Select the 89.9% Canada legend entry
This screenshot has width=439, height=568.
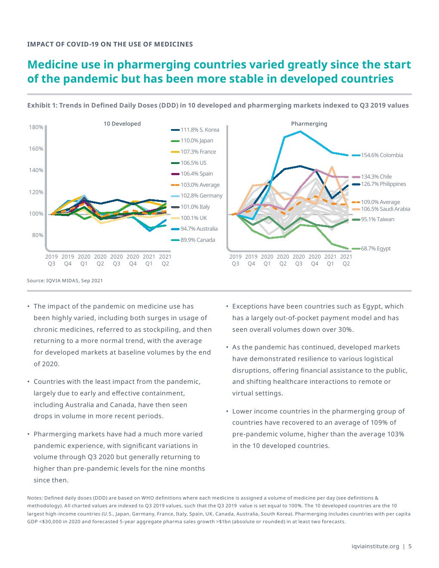point(198,240)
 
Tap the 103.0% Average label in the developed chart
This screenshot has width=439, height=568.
point(200,185)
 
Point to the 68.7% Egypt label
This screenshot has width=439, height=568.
point(376,248)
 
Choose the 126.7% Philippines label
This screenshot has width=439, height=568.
point(383,184)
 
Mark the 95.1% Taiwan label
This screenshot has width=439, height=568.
point(377,219)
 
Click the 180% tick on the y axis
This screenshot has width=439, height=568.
point(36,127)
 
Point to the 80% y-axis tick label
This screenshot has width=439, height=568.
point(37,235)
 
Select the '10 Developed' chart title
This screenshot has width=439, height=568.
point(122,123)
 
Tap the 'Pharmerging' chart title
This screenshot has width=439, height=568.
point(309,123)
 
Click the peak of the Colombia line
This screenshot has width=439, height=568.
point(300,131)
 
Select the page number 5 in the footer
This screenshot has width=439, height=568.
point(410,546)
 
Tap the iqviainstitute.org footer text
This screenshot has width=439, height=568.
point(375,546)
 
